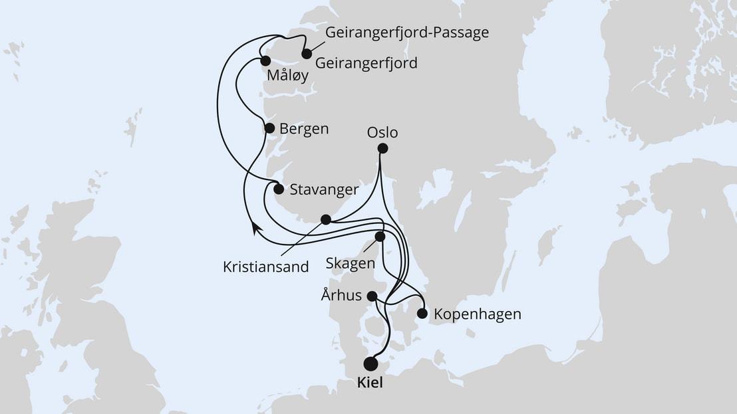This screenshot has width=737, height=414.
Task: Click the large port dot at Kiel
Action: (370, 363)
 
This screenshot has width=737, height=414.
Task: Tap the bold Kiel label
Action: (371, 384)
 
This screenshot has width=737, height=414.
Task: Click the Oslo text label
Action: (382, 133)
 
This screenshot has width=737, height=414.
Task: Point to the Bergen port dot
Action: (269, 128)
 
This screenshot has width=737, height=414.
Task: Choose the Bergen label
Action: (304, 129)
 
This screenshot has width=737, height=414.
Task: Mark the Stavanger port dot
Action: (279, 189)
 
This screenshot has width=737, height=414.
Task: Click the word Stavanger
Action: (324, 189)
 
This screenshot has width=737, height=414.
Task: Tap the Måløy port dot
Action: (265, 61)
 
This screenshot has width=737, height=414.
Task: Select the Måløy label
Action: (287, 76)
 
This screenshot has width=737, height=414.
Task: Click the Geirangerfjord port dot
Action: (307, 54)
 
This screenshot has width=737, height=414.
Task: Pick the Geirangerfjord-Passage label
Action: (406, 33)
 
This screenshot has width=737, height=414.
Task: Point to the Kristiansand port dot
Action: (325, 219)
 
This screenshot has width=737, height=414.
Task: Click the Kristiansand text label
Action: (266, 267)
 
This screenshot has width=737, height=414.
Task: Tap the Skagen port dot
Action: (380, 237)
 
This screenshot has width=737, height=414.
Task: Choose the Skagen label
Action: (351, 263)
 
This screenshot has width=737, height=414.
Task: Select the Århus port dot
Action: (372, 296)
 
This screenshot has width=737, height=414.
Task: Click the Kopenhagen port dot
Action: (422, 314)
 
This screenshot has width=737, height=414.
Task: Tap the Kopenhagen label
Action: (477, 314)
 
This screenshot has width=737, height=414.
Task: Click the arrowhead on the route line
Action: (254, 229)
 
